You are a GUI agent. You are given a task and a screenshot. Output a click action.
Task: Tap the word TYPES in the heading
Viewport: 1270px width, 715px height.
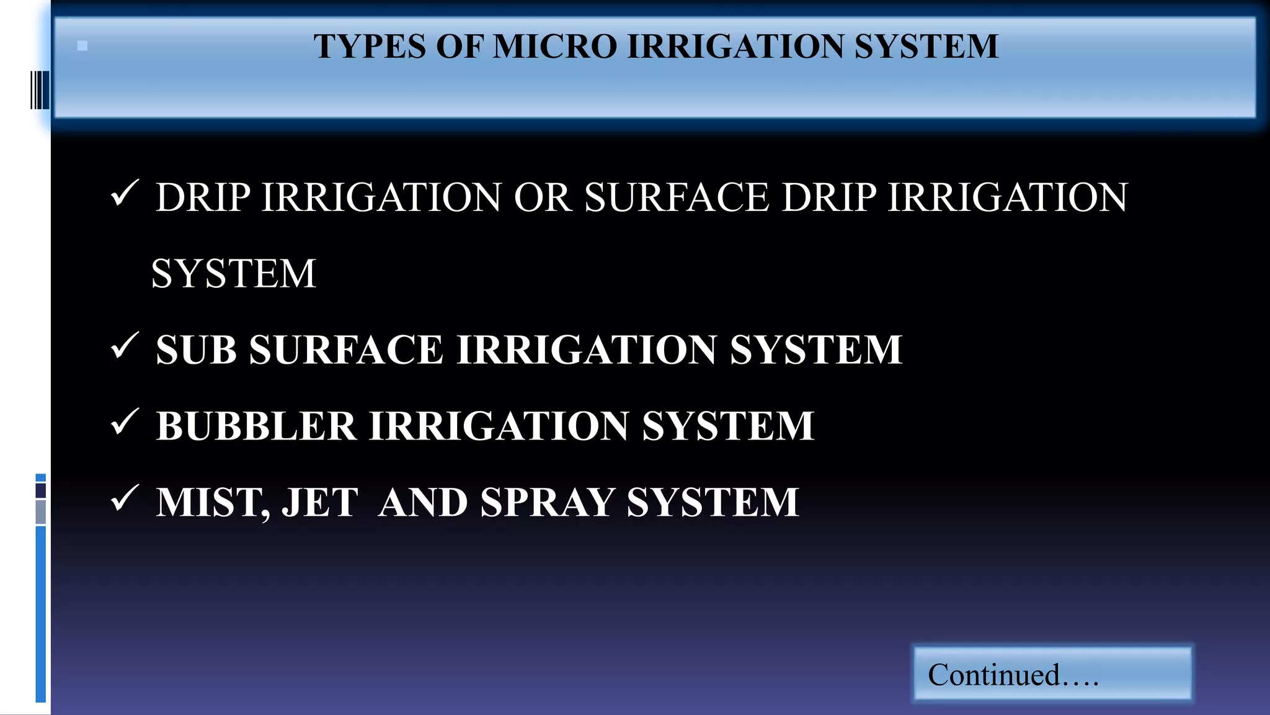tap(370, 47)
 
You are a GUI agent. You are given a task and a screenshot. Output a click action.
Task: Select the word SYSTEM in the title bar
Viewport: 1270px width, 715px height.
tap(926, 47)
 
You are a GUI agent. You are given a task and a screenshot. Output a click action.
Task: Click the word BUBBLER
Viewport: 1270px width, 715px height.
tap(256, 426)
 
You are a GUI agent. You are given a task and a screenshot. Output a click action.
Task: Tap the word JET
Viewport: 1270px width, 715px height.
tap(320, 502)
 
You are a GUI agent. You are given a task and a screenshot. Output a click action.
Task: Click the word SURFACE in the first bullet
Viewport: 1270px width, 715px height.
tap(677, 198)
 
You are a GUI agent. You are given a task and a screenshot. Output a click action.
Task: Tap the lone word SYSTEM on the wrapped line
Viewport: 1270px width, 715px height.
tap(234, 274)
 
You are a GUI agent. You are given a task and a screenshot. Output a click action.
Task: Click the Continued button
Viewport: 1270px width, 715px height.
tap(1052, 674)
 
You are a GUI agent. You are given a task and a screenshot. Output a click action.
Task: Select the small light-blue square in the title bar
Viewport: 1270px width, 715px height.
tap(82, 46)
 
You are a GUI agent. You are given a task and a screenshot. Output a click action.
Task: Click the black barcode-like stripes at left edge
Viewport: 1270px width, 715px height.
tap(40, 90)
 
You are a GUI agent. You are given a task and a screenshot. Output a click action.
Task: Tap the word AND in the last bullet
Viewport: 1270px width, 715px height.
tap(423, 502)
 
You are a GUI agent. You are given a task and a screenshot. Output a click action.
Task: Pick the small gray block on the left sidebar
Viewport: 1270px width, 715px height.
tap(41, 512)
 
